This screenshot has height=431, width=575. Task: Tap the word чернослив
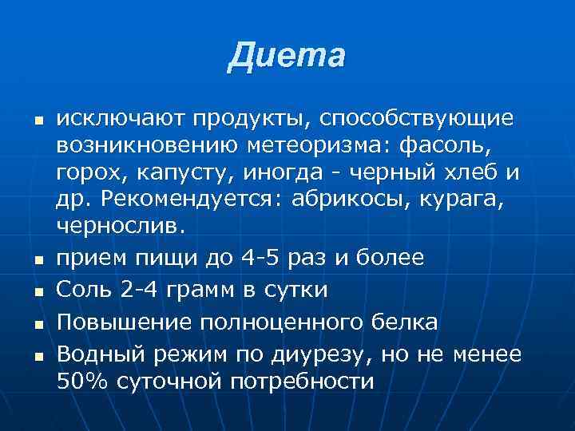pos(120,226)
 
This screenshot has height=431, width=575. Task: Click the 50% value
pos(83,382)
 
